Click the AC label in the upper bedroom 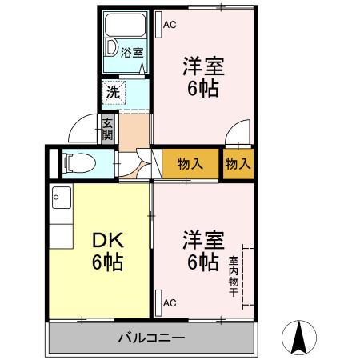(x=169, y=25)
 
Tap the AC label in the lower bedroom (x=169, y=303)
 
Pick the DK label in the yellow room (x=101, y=238)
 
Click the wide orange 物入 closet (x=190, y=164)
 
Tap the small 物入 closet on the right (x=238, y=164)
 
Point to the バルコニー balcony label (x=153, y=337)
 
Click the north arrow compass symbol (x=299, y=337)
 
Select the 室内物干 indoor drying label (x=233, y=275)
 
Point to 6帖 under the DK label (x=101, y=262)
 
